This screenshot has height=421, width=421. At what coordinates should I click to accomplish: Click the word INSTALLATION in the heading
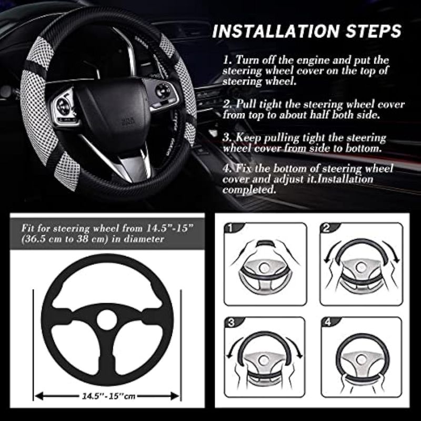(276, 31)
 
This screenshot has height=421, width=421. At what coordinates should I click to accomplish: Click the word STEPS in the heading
(374, 31)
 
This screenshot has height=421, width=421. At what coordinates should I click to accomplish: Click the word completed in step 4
(249, 190)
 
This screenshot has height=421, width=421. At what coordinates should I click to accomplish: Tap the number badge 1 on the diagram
(230, 228)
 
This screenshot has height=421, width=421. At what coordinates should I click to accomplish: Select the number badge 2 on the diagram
(326, 228)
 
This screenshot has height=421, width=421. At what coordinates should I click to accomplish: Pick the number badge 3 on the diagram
(231, 323)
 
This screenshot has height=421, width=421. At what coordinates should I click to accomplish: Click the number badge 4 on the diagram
(328, 322)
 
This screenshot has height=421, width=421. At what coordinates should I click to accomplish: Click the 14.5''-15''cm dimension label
(108, 396)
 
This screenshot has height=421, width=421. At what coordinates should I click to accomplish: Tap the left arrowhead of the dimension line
(39, 396)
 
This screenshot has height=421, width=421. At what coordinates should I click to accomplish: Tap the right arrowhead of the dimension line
(175, 396)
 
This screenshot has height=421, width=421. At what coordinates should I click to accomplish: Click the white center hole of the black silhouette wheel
(107, 320)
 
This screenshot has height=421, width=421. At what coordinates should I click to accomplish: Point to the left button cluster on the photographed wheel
(64, 107)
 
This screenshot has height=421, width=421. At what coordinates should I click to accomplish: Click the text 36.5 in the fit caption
(35, 239)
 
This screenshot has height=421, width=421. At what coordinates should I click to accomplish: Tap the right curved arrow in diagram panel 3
(295, 347)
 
